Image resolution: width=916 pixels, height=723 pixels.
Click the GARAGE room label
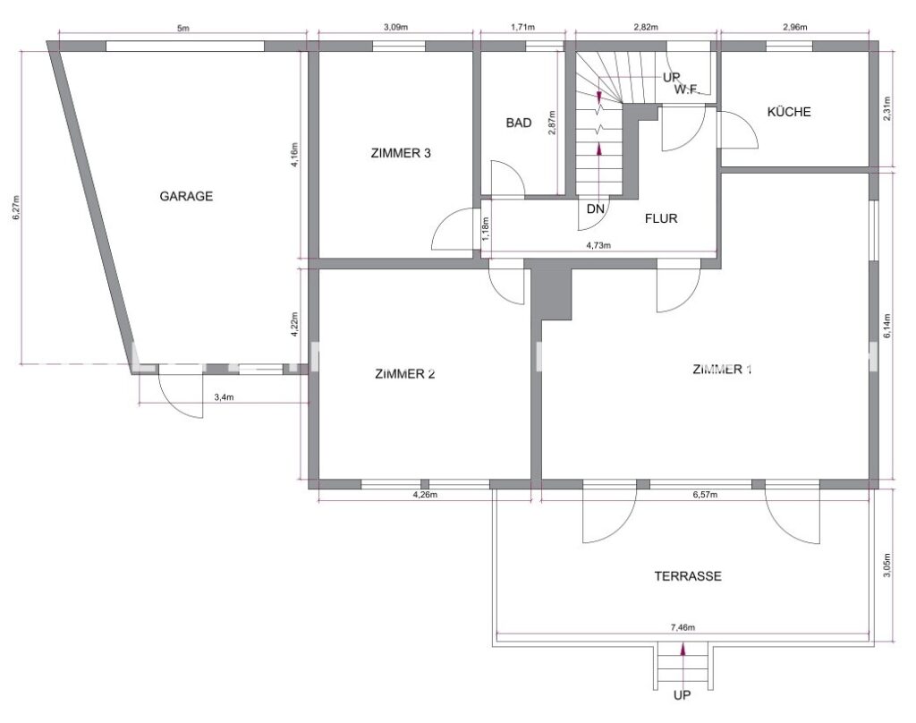click(x=186, y=197)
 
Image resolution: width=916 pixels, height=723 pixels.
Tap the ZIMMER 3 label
click(x=401, y=153)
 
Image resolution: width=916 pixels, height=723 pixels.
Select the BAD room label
click(x=519, y=123)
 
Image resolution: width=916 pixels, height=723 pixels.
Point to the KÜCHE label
click(x=789, y=112)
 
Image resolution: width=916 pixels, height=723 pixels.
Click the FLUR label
click(x=663, y=217)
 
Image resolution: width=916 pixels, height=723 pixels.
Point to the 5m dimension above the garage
click(x=183, y=30)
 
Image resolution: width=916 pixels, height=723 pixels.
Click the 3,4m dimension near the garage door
click(x=225, y=396)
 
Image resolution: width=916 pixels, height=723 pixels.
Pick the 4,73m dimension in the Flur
click(x=599, y=245)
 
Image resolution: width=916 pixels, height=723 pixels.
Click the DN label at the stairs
click(x=596, y=209)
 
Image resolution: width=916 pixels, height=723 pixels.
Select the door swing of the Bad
click(x=505, y=179)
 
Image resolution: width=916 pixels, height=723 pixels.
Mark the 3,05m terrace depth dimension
click(x=886, y=566)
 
